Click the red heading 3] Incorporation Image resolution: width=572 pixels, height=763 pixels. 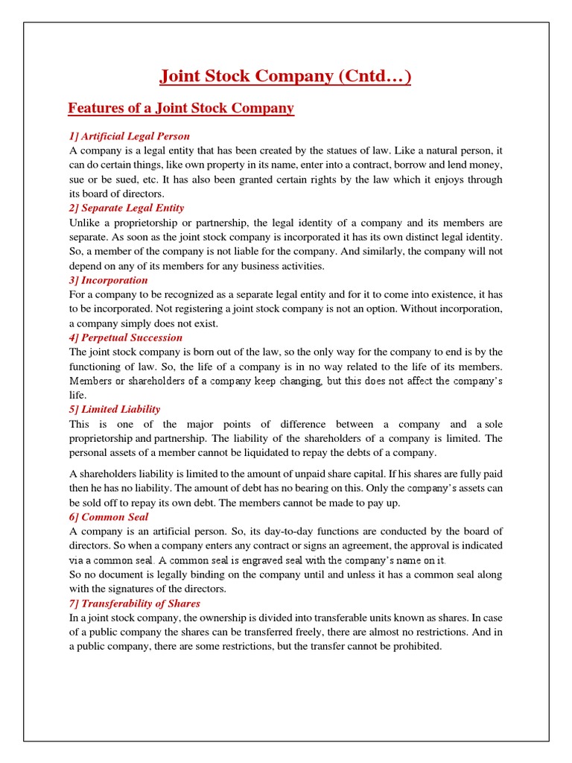[108, 280]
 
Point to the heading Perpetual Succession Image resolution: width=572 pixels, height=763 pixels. [125, 338]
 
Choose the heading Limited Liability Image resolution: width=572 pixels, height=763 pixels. [114, 409]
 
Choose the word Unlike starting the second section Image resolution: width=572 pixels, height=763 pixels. [85, 223]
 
